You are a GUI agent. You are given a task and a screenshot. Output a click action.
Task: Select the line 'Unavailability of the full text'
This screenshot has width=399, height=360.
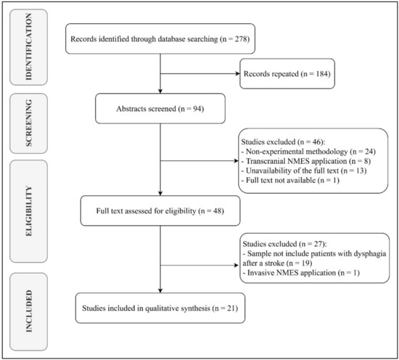pyautogui.click(x=298, y=175)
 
